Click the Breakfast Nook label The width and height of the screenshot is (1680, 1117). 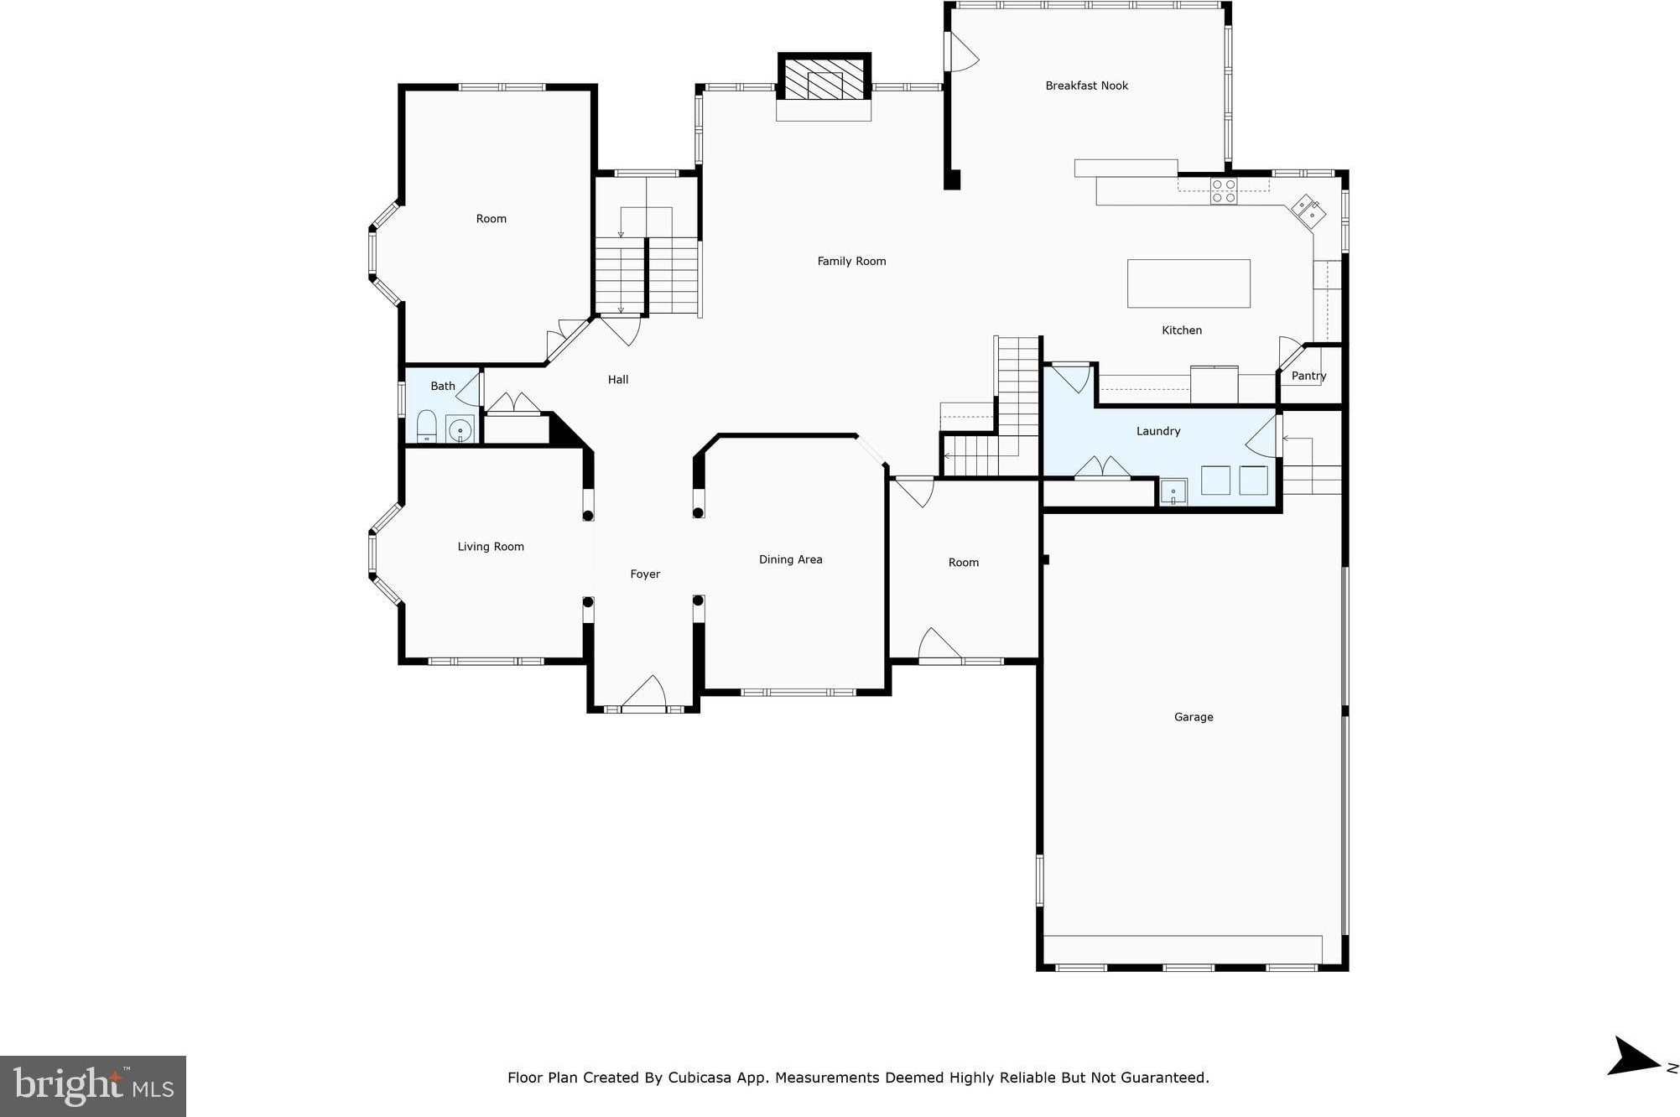tap(1086, 86)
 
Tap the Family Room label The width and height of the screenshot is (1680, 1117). tap(851, 262)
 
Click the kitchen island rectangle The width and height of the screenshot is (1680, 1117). tap(1188, 283)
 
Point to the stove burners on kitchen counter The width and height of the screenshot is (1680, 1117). tap(1224, 191)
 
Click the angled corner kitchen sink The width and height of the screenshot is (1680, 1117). tap(1308, 211)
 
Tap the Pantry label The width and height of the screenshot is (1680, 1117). tap(1308, 376)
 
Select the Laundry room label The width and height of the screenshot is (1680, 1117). tap(1158, 431)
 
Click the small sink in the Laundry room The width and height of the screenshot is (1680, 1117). tap(1173, 491)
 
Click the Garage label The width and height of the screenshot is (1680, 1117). tap(1194, 717)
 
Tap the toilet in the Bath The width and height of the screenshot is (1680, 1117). tap(427, 426)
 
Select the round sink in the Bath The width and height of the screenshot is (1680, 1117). tap(460, 429)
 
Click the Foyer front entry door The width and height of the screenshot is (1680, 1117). tap(644, 694)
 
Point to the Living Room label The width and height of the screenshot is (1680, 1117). tap(491, 547)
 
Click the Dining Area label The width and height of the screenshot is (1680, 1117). tap(790, 559)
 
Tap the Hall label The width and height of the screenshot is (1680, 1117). tap(618, 380)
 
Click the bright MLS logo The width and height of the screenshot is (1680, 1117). tap(93, 1086)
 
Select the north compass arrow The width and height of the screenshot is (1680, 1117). tap(1633, 1057)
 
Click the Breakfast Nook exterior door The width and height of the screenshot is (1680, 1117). tap(961, 51)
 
